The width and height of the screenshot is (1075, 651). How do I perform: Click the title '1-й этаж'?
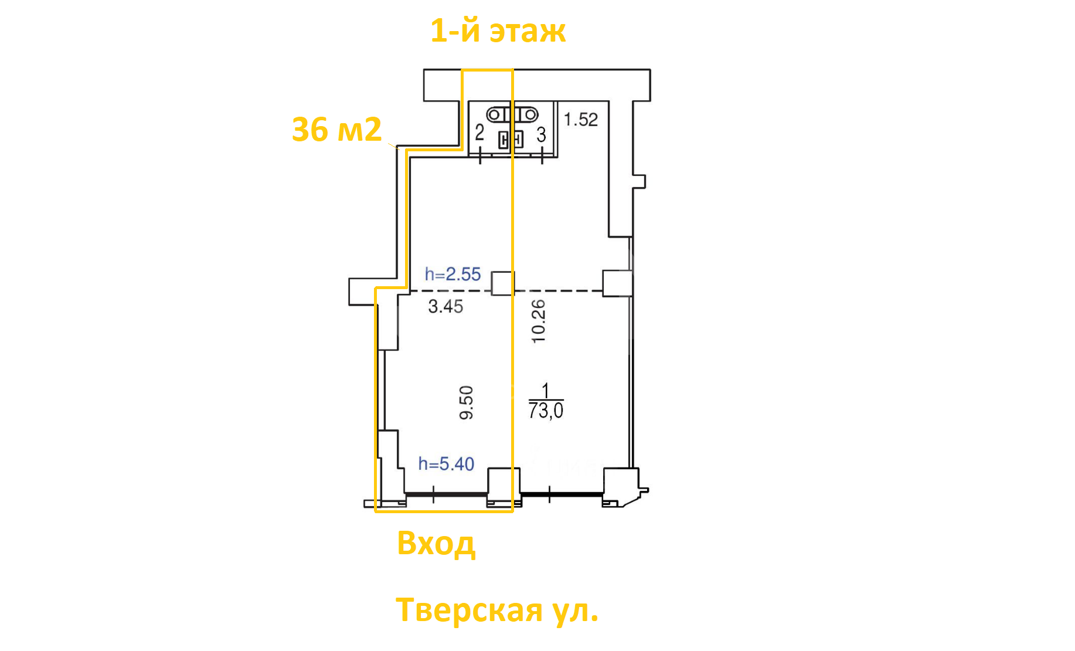(x=498, y=31)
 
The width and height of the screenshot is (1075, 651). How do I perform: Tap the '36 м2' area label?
(x=336, y=130)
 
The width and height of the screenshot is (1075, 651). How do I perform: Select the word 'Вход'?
(x=436, y=543)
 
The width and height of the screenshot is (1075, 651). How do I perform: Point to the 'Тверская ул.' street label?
(x=497, y=610)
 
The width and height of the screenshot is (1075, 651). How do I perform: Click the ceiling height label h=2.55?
(x=453, y=274)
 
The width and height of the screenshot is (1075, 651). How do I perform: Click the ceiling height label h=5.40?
(x=446, y=464)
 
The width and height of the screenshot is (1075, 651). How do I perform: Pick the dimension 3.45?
(x=445, y=306)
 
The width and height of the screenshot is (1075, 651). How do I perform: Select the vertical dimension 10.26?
(x=538, y=321)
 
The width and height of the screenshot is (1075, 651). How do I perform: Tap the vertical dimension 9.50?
(x=466, y=402)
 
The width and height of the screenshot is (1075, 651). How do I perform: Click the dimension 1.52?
(x=581, y=120)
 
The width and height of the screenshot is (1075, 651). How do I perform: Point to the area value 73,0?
(x=546, y=411)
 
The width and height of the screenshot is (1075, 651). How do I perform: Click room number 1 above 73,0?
(x=546, y=391)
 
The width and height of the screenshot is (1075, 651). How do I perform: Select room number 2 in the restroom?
(x=479, y=133)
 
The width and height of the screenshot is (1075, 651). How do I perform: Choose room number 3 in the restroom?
(x=542, y=135)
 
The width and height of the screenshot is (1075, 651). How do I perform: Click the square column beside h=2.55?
(x=502, y=283)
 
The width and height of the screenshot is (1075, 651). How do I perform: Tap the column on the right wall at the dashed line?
(x=618, y=283)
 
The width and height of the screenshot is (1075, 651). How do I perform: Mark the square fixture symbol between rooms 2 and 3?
(x=511, y=140)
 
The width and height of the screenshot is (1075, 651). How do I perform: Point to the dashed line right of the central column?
(x=559, y=291)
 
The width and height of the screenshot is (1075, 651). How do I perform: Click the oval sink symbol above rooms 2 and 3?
(x=512, y=114)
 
